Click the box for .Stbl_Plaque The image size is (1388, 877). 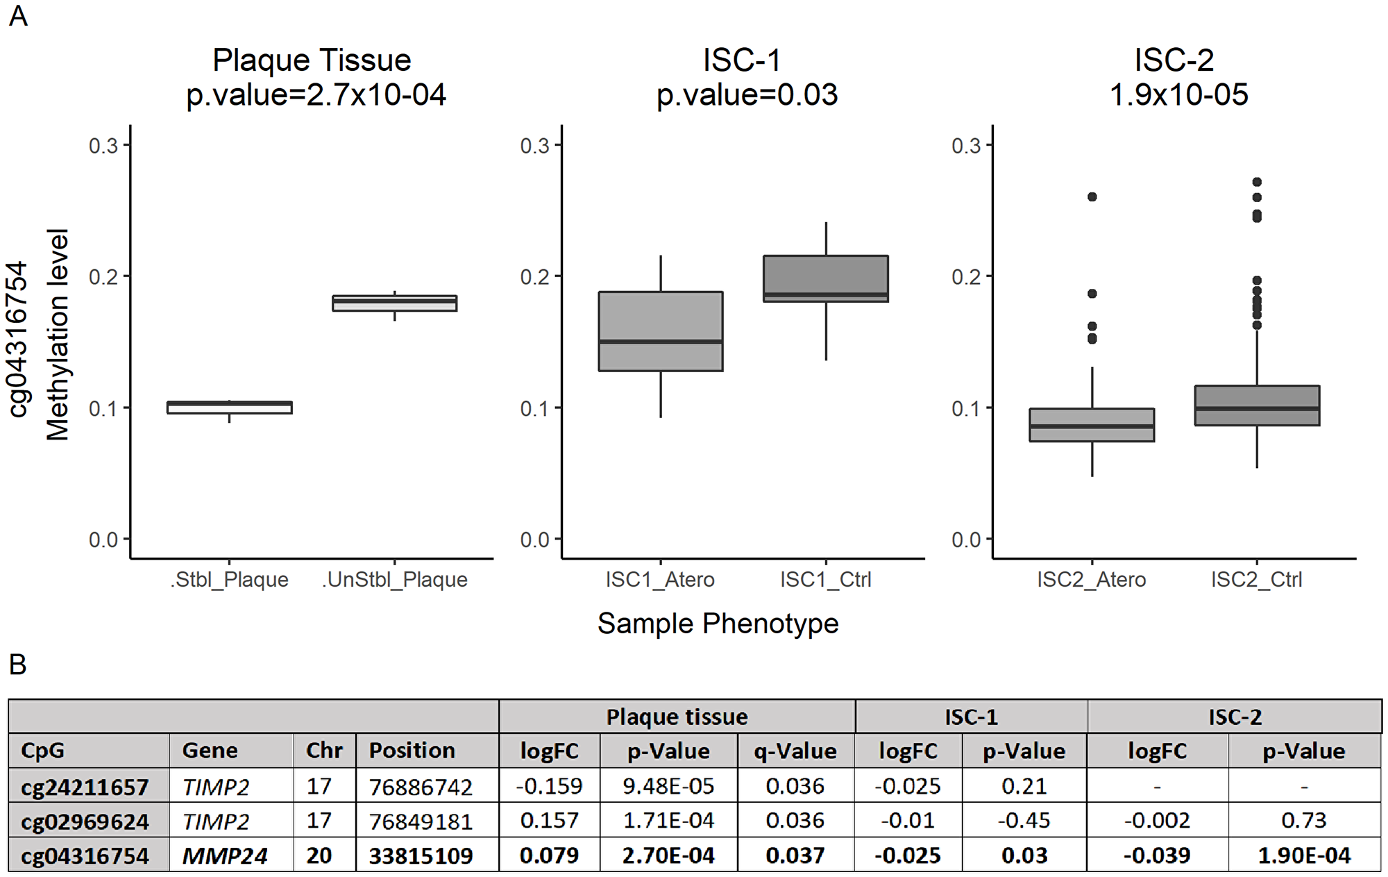(229, 408)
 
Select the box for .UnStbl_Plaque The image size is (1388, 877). (394, 303)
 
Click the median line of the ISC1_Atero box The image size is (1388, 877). (661, 342)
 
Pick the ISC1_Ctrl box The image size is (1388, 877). (826, 278)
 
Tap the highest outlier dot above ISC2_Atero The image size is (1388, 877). (1092, 197)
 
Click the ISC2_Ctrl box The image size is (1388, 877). (1257, 406)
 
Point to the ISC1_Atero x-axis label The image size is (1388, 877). (660, 580)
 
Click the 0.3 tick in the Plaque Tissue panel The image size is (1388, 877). (103, 146)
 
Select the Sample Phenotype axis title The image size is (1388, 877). (718, 624)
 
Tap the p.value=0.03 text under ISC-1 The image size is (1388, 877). (747, 95)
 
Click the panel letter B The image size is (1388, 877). (17, 665)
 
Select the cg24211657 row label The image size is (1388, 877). (85, 787)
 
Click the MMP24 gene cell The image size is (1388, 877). (224, 855)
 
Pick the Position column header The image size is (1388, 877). (412, 751)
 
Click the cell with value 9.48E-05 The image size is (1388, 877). (668, 786)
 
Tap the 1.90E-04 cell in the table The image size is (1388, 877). (1303, 855)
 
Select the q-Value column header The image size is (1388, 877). (795, 751)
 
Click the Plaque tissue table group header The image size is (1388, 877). (677, 717)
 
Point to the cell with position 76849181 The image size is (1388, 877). (421, 821)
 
